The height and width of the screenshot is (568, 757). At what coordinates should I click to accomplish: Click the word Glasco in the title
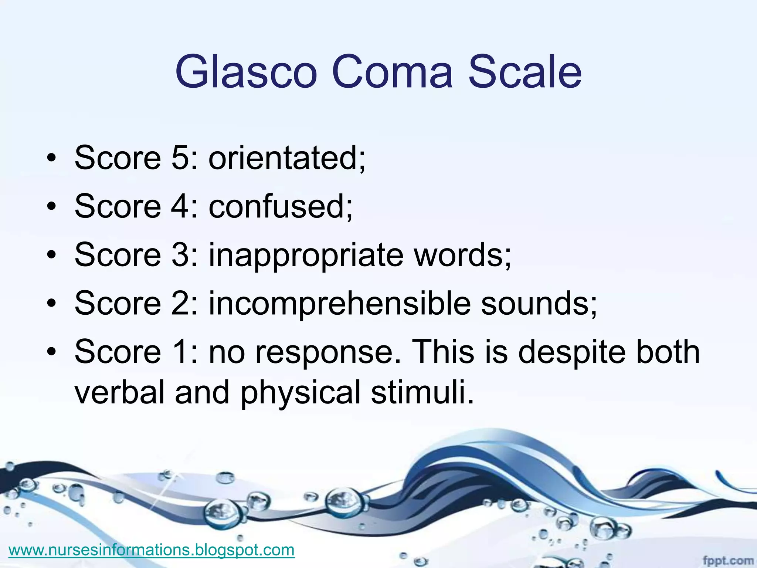(x=246, y=72)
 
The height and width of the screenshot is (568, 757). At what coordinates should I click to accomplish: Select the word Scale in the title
(x=525, y=72)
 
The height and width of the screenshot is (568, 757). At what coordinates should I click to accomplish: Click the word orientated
(x=287, y=158)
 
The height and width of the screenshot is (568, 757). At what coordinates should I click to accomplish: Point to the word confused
(x=281, y=206)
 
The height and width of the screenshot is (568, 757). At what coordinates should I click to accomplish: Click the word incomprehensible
(x=339, y=303)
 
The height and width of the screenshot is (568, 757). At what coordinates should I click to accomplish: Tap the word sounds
(x=538, y=303)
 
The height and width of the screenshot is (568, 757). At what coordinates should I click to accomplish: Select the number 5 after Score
(x=180, y=158)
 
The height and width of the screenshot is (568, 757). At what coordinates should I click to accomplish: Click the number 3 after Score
(x=180, y=255)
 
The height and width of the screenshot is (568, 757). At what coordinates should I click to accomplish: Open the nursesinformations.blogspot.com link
(x=151, y=550)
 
